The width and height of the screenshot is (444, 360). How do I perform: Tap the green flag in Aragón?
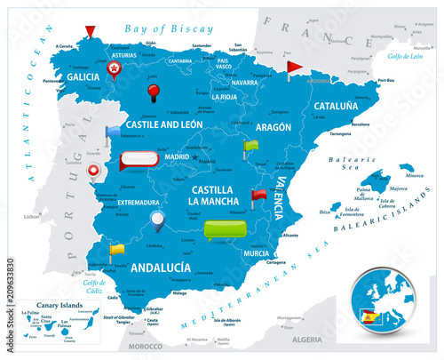coord(248,146)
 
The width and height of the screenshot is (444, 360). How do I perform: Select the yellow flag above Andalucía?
coord(115,250)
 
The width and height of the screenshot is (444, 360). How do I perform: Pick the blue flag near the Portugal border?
coord(111,133)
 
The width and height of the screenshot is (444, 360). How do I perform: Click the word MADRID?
coord(176,157)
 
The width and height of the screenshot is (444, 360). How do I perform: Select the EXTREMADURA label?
coord(137,203)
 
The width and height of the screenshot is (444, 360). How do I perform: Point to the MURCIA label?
coord(256,252)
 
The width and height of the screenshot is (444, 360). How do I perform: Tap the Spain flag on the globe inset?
coord(368,315)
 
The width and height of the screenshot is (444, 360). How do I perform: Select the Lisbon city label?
coord(32,217)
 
